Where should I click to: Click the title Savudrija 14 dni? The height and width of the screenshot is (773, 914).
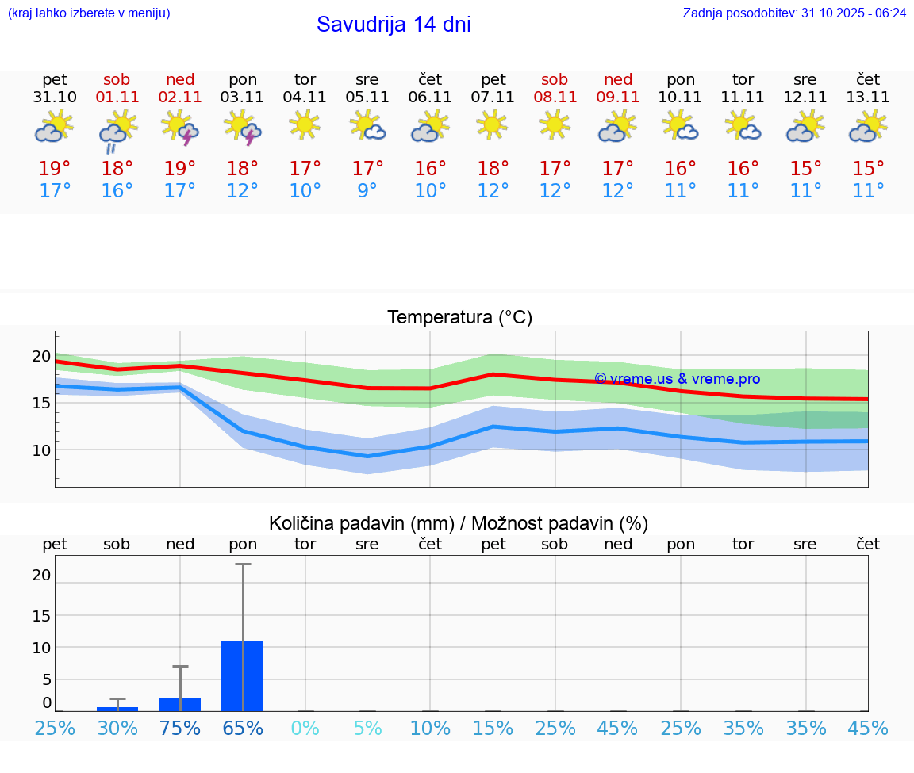coord(394,25)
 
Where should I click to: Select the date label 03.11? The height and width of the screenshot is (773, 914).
coord(242,98)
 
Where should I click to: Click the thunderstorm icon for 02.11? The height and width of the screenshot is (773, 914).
coord(179,128)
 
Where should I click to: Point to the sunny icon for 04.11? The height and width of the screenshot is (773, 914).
coord(305,124)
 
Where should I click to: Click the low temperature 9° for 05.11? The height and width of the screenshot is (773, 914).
coord(367,191)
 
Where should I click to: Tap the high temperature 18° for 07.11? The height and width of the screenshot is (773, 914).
coord(493,169)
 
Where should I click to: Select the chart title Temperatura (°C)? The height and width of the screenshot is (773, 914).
coord(459,318)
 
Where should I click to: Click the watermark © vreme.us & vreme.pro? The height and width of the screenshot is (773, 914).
coord(677,379)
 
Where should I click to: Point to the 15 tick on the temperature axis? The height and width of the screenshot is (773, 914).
coord(41,403)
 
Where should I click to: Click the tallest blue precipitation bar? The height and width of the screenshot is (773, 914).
coord(242,675)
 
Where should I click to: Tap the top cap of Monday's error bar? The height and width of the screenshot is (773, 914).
coord(242,564)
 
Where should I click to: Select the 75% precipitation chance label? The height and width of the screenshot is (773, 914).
coord(180,729)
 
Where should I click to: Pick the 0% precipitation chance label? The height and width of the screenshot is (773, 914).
coord(305,729)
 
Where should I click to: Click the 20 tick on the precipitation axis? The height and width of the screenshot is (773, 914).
coord(41,576)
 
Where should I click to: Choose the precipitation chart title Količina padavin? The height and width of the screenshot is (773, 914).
coord(459,523)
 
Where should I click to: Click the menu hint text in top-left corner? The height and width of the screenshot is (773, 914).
coord(89,13)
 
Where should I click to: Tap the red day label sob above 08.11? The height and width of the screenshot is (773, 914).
coord(555,79)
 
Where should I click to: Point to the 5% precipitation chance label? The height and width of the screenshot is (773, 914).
coord(367,729)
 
